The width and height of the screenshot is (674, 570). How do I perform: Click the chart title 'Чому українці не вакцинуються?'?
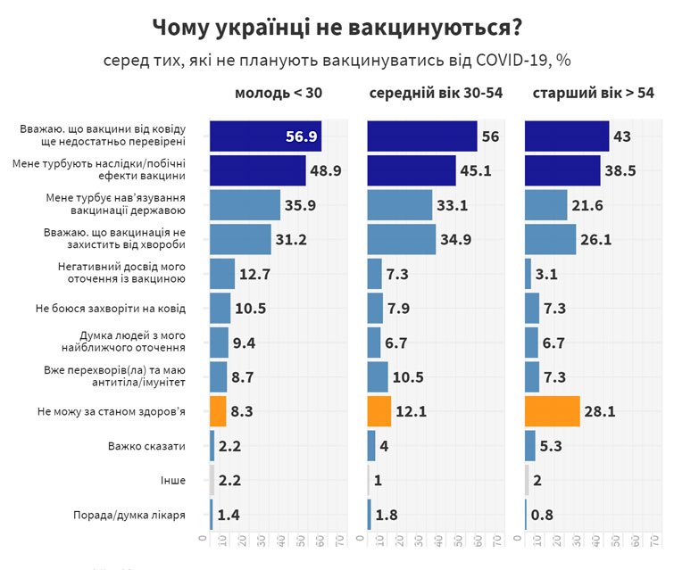click(x=337, y=27)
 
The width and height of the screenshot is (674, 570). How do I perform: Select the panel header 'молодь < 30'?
click(x=278, y=94)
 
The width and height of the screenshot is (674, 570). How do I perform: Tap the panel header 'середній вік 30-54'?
click(x=435, y=94)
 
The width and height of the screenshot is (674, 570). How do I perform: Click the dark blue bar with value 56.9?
click(x=265, y=136)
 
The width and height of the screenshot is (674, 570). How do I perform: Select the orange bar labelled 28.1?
click(x=553, y=411)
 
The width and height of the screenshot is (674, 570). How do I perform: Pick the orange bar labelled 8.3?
click(x=218, y=411)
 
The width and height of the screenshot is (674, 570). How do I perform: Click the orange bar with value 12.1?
click(x=379, y=411)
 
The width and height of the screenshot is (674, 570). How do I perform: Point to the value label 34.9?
click(x=458, y=239)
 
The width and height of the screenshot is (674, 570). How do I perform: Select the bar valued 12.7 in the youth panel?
click(x=222, y=274)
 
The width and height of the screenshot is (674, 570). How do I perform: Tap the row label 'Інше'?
click(x=173, y=480)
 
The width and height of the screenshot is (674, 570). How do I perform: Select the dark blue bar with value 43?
click(x=567, y=136)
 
